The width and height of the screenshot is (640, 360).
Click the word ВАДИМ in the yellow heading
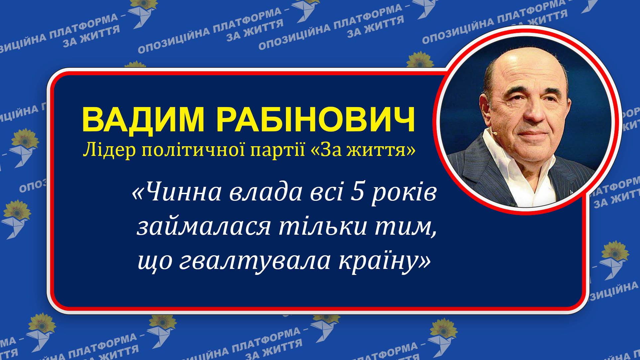[x=143, y=119]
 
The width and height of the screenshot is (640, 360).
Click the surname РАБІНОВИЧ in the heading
[x=316, y=119]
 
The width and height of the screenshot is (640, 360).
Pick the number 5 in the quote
[x=357, y=192]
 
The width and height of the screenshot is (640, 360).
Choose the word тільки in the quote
[x=322, y=227]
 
